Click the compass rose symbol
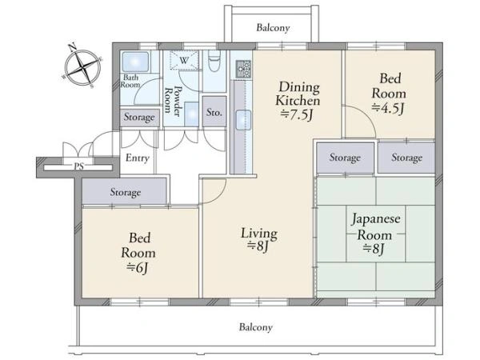(x=82, y=66)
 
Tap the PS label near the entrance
(x=78, y=167)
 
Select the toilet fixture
(x=214, y=61)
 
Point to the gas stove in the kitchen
(x=243, y=69)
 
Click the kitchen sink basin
(x=243, y=120)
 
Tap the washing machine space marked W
(x=184, y=60)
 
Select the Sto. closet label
(x=214, y=112)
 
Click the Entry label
(x=137, y=158)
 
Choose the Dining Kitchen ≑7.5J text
(x=298, y=101)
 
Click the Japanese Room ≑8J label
(x=376, y=234)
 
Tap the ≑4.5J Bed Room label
(x=389, y=94)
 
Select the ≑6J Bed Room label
(x=138, y=253)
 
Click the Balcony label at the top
(x=273, y=28)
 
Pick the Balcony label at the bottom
(x=256, y=327)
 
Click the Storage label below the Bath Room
(x=139, y=118)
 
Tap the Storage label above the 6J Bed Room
(x=126, y=193)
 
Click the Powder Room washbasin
(x=192, y=114)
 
